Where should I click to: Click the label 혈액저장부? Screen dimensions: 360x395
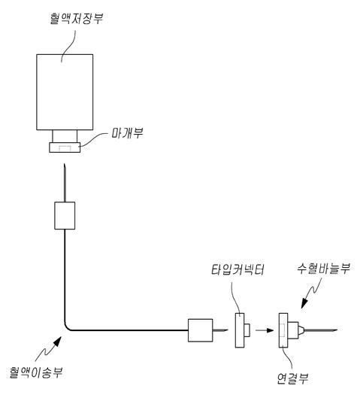[x=77, y=19]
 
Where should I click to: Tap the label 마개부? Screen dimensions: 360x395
[x=127, y=133]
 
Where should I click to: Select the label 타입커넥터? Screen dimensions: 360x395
[x=237, y=269]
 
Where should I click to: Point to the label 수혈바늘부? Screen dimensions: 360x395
[x=323, y=269]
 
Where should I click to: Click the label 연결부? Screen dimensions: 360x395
[x=292, y=378]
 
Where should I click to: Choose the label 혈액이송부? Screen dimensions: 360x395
[x=36, y=372]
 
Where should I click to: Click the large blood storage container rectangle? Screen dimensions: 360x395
[x=65, y=92]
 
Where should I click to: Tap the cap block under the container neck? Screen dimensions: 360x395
[x=65, y=147]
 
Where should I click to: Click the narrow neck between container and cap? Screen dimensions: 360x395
[x=65, y=136]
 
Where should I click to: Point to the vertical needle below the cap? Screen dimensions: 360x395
[x=65, y=183]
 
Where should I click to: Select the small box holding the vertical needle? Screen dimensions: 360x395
[x=65, y=215]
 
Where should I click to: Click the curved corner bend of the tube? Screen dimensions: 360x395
[x=67, y=327]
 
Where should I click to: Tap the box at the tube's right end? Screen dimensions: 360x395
[x=200, y=330]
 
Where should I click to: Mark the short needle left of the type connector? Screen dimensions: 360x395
[x=220, y=330]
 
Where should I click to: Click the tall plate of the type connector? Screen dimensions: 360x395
[x=240, y=330]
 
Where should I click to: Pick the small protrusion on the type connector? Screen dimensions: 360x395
[x=247, y=330]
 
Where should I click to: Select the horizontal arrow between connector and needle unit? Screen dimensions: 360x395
[x=265, y=330]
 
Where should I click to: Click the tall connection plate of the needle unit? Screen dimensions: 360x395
[x=283, y=330]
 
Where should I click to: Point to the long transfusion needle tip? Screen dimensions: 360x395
[x=337, y=330]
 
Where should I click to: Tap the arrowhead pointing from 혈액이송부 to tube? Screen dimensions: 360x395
[x=56, y=342]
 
